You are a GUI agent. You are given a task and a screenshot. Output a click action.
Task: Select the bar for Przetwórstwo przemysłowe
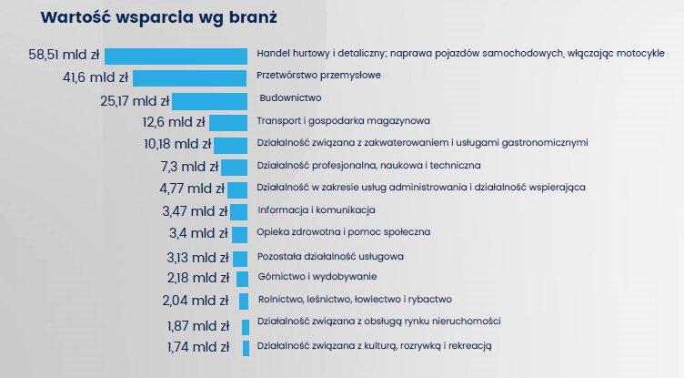pyautogui.click(x=190, y=77)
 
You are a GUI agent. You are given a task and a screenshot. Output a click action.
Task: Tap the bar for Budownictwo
pyautogui.click(x=209, y=100)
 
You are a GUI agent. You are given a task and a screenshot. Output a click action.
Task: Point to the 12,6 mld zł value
pyautogui.click(x=174, y=121)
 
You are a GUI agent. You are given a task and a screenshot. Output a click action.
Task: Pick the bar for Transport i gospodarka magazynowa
pyautogui.click(x=227, y=122)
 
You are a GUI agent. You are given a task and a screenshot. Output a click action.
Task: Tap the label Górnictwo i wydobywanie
pyautogui.click(x=317, y=276)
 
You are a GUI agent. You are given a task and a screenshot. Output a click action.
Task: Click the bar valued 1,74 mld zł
pyautogui.click(x=246, y=348)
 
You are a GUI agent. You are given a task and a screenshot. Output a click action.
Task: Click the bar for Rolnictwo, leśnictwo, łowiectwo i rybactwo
pyautogui.click(x=244, y=301)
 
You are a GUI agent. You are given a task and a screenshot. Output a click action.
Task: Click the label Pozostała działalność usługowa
pyautogui.click(x=330, y=256)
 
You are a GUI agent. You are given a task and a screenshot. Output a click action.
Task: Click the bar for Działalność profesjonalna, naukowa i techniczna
pyautogui.click(x=234, y=167)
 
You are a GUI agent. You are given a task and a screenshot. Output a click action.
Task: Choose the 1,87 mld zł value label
pyautogui.click(x=197, y=326)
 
